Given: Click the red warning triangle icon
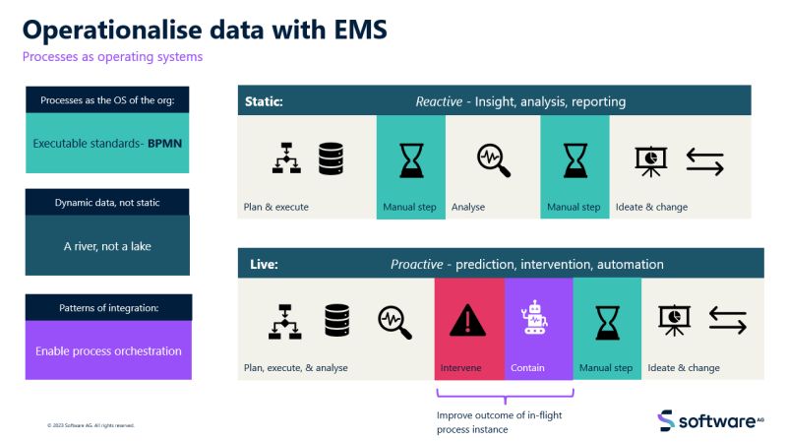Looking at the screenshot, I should [x=469, y=321].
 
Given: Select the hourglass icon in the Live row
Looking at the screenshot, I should [x=607, y=321].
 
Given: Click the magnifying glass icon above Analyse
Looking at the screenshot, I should [x=493, y=158].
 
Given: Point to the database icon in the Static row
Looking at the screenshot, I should [x=331, y=158].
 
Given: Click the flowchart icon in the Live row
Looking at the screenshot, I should [x=284, y=321].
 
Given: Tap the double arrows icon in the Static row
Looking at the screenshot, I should [x=704, y=160].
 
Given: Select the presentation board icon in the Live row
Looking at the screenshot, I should [x=674, y=320].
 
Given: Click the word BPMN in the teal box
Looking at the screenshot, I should [x=165, y=143].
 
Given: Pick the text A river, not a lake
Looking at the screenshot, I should [x=107, y=246].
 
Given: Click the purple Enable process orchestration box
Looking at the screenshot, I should [x=108, y=350].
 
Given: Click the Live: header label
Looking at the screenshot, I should [x=261, y=265].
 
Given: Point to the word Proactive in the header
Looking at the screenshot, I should [x=417, y=265].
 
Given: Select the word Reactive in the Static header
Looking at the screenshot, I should [x=439, y=101].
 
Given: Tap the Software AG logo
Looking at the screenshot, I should [x=710, y=420].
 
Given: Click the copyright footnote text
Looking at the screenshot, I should [x=91, y=425].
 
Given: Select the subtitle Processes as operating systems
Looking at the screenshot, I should [x=112, y=56].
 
